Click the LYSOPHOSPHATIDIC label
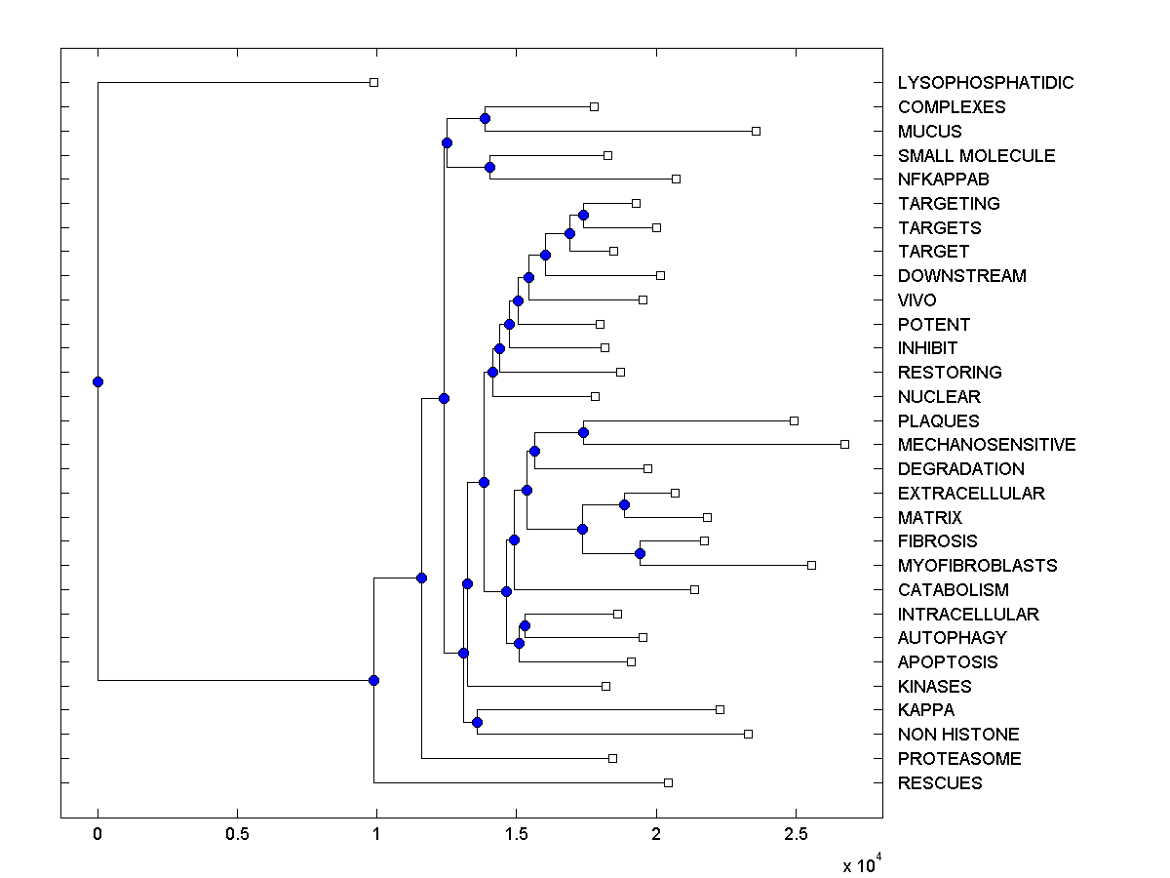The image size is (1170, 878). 986,83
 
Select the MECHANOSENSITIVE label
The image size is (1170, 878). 987,445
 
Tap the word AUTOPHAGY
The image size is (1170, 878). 953,638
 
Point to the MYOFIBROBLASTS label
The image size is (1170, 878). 978,566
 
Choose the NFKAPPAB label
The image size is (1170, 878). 944,180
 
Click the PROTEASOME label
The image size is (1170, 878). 959,759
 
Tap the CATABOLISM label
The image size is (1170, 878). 954,590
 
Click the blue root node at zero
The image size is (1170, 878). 97,381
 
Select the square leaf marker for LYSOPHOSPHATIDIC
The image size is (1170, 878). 373,82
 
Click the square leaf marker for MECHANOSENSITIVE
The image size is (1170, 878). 844,444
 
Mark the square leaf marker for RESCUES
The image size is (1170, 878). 668,782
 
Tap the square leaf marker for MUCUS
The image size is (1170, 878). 756,131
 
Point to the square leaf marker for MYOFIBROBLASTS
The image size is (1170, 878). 811,565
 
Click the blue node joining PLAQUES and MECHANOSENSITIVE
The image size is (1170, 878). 583,432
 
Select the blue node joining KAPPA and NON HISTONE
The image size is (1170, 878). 477,722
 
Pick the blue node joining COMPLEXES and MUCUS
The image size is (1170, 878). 485,118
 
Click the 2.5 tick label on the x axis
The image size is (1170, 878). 796,834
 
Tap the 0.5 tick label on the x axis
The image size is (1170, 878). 237,834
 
